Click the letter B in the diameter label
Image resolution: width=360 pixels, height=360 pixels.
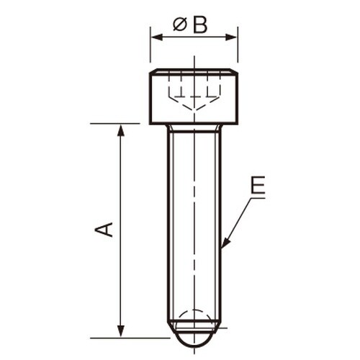pyautogui.click(x=200, y=25)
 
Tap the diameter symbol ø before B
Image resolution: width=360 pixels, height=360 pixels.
pyautogui.click(x=180, y=25)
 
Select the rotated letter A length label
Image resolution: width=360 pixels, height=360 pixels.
pyautogui.click(x=105, y=230)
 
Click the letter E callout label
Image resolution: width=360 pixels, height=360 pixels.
pyautogui.click(x=258, y=186)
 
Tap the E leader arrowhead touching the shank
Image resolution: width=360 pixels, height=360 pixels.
pyautogui.click(x=224, y=244)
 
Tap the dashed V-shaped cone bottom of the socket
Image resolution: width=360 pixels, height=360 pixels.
pyautogui.click(x=193, y=106)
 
